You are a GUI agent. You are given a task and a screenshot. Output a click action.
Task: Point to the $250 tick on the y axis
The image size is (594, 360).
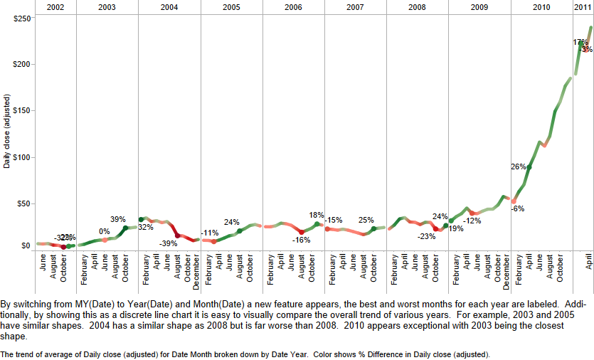21,18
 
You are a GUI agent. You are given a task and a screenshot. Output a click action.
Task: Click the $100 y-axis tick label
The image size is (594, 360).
21,157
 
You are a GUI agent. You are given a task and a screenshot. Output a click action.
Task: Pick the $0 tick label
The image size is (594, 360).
26,246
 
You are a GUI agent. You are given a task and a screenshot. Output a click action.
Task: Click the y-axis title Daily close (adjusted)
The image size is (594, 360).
6,132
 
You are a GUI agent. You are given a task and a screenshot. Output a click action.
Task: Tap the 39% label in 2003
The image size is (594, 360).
118,219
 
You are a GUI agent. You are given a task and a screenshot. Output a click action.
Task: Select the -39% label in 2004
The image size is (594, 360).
169,243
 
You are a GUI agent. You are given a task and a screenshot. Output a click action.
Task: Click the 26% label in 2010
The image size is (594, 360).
518,166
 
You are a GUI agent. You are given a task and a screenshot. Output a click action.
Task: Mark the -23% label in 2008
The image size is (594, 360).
427,236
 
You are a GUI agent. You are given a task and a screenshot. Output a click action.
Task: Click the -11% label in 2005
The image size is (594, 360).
210,233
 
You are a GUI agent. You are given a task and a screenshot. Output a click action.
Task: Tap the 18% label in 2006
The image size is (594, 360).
317,215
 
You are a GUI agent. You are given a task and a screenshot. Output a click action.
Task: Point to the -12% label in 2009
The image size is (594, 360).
472,221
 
